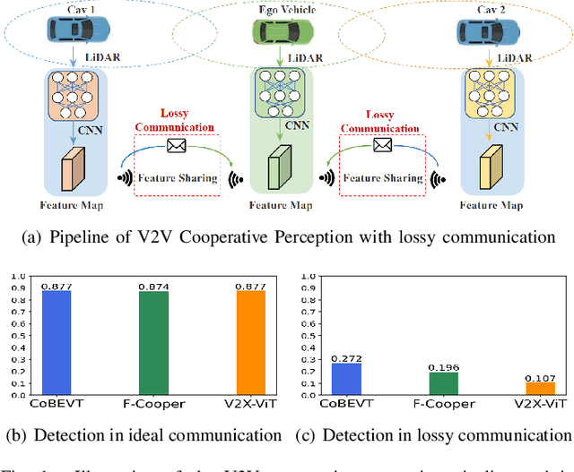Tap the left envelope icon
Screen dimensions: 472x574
(x=175, y=145)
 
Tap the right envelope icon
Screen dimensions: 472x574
(x=383, y=145)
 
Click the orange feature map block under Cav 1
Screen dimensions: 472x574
(x=71, y=173)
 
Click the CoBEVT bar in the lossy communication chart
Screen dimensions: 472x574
(x=347, y=379)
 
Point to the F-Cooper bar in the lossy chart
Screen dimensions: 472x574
(x=443, y=383)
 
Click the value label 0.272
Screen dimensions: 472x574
(x=347, y=357)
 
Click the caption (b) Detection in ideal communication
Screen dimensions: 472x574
(x=143, y=435)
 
